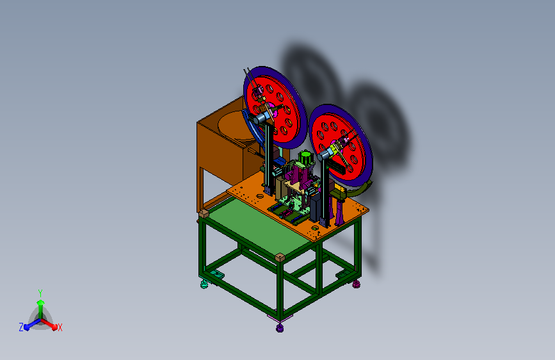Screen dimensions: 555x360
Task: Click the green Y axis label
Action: (x=40, y=293)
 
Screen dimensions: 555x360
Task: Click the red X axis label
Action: (x=60, y=327)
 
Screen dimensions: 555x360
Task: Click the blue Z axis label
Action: (x=21, y=327)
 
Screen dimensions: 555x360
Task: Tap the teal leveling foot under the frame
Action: (x=204, y=284)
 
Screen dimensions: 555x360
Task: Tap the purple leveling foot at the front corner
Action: (x=280, y=328)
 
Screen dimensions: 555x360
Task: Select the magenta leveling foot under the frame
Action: (x=356, y=284)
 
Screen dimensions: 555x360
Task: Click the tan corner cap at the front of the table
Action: (x=280, y=258)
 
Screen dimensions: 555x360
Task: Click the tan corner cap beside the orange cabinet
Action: (x=204, y=213)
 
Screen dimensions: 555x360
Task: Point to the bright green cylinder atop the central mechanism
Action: (x=305, y=156)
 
